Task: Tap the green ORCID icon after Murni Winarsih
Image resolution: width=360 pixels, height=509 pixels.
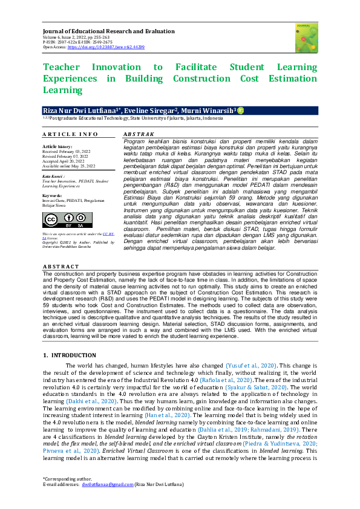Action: coord(240,111)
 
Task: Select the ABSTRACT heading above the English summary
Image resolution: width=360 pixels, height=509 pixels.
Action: coord(62,267)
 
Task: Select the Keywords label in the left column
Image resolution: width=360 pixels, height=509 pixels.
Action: coord(53,196)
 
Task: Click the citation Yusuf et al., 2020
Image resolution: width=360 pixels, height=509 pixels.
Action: coord(251,366)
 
